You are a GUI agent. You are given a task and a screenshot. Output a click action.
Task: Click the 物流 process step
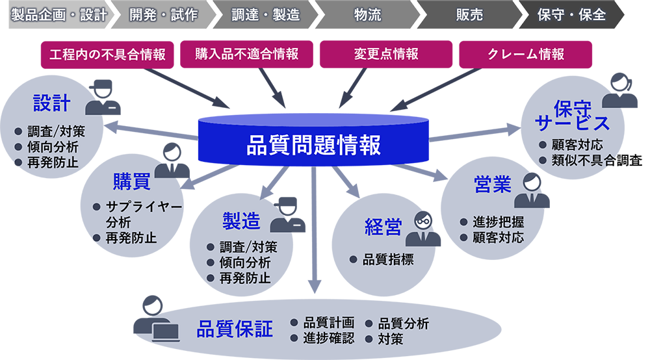point(368,15)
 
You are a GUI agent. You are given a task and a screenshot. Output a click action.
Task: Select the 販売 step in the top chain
point(469,15)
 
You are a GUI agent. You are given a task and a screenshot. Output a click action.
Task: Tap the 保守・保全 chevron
point(571,15)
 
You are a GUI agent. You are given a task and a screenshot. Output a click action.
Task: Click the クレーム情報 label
point(526,54)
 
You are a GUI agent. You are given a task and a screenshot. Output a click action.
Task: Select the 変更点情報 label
point(386,54)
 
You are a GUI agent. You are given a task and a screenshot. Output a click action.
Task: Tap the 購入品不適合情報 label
point(247,54)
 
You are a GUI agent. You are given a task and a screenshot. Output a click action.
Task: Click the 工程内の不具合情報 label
point(107,54)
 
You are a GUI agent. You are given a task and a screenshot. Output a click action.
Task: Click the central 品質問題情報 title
point(313,144)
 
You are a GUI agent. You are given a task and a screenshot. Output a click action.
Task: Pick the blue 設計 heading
point(51,103)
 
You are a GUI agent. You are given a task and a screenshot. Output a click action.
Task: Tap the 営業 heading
point(492,185)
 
